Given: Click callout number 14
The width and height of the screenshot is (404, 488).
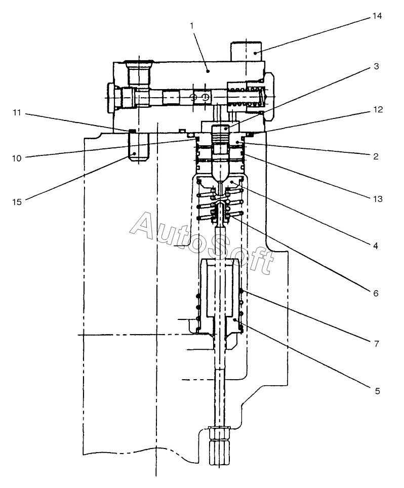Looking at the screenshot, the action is [377, 16].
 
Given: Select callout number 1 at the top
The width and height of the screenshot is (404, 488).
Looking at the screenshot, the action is [192, 26].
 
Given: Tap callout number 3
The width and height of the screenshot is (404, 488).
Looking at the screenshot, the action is [376, 66].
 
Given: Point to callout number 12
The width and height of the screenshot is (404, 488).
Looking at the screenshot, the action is [378, 109].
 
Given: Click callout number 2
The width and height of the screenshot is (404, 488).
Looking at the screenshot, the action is [376, 156].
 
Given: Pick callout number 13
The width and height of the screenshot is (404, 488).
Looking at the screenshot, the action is [378, 199].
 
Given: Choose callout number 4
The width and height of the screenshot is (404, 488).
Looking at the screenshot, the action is [376, 246].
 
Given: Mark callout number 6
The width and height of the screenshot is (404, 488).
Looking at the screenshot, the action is [376, 293].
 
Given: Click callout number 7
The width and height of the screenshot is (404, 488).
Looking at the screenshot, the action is [377, 344].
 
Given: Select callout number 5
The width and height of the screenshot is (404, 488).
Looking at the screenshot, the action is [377, 391].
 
